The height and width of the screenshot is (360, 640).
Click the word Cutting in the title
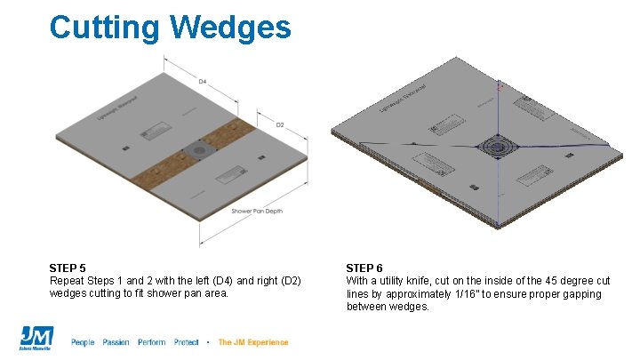tap(104, 28)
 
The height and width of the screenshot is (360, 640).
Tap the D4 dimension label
tap(203, 81)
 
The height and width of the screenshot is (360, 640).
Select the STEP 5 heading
tap(68, 268)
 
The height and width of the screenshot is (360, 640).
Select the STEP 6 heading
tap(364, 268)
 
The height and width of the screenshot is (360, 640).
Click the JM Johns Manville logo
tap(36, 339)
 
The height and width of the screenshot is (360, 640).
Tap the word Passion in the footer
tap(116, 342)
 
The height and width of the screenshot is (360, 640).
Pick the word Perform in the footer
tap(151, 342)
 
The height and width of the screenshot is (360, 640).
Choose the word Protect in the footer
tap(187, 342)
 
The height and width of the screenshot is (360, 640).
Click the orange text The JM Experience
tap(252, 342)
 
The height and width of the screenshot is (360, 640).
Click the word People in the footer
tap(83, 342)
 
